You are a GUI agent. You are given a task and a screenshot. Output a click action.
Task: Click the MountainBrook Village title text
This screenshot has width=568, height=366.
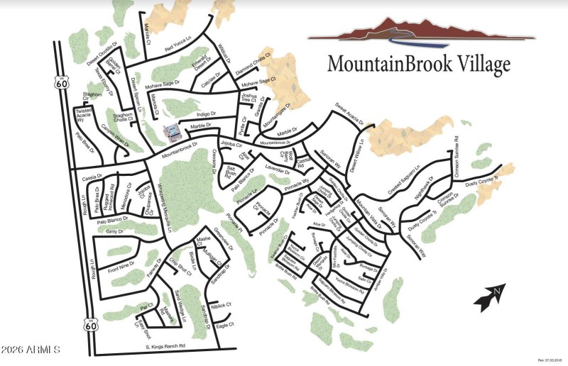click(x=418, y=65)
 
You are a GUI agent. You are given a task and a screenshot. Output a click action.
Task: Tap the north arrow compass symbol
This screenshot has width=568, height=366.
click(x=490, y=297)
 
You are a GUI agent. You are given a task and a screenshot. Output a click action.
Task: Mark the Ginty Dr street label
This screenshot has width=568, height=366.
click(x=114, y=231)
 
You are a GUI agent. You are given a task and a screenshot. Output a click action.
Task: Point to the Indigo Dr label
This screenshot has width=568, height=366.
click(x=206, y=113)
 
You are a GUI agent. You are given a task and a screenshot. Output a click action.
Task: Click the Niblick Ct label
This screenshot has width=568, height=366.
click(x=221, y=305)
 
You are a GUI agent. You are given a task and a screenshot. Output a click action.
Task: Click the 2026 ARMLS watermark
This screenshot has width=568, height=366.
click(x=31, y=349)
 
